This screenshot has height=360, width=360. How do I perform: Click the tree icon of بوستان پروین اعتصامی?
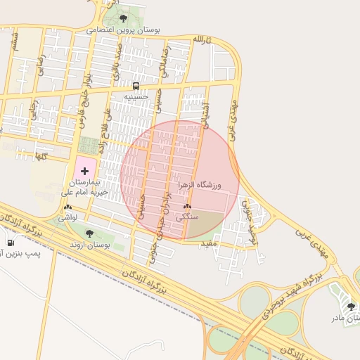[x=124, y=19]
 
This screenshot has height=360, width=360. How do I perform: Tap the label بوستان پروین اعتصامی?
[x=124, y=30]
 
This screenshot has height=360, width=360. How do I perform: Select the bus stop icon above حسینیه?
[x=136, y=86]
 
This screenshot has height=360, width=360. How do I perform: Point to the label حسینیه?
[x=136, y=96]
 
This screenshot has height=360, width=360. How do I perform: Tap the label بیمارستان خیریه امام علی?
[x=86, y=186]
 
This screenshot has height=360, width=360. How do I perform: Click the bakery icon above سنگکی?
[x=187, y=207]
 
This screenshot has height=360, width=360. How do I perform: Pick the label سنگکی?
[x=187, y=217]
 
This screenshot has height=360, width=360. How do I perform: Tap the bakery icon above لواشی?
[x=67, y=207]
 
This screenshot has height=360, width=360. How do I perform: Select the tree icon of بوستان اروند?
[x=89, y=233]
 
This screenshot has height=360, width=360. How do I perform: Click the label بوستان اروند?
[x=89, y=244]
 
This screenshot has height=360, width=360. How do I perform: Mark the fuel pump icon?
[x=11, y=243]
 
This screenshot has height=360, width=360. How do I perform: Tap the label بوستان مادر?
[x=346, y=318]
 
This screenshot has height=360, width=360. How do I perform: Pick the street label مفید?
[x=210, y=243]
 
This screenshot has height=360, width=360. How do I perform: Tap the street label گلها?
[x=39, y=156]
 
